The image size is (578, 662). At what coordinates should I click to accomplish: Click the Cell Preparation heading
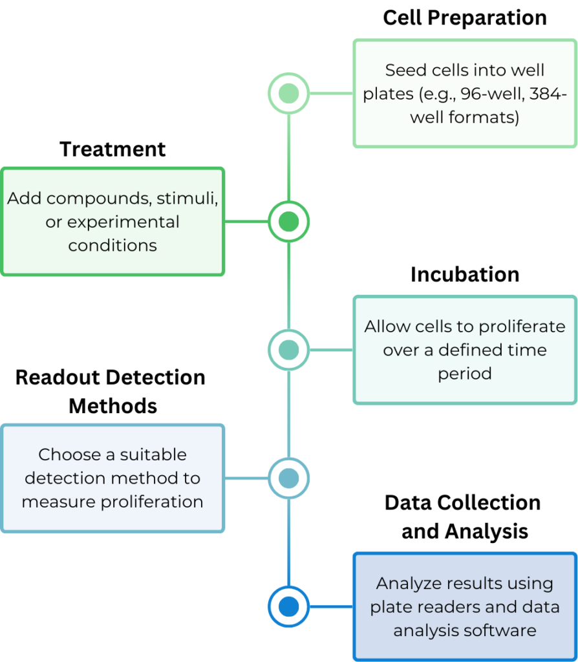[465, 17]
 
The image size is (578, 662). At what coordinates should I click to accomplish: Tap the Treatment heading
[112, 149]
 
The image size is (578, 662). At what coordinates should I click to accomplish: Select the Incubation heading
[465, 274]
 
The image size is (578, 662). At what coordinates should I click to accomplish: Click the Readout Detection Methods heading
[111, 392]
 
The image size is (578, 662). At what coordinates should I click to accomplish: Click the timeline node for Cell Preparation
[288, 93]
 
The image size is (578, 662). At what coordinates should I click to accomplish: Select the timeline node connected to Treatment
[288, 222]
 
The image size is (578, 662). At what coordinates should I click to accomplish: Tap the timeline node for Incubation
[288, 350]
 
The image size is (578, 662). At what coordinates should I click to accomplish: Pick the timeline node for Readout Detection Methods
[288, 478]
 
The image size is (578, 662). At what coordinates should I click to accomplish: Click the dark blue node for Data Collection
[288, 606]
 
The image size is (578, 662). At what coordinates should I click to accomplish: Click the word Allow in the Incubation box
[385, 326]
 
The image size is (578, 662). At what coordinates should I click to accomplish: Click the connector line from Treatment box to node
[246, 222]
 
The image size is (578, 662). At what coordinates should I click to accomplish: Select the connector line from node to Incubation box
[331, 350]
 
